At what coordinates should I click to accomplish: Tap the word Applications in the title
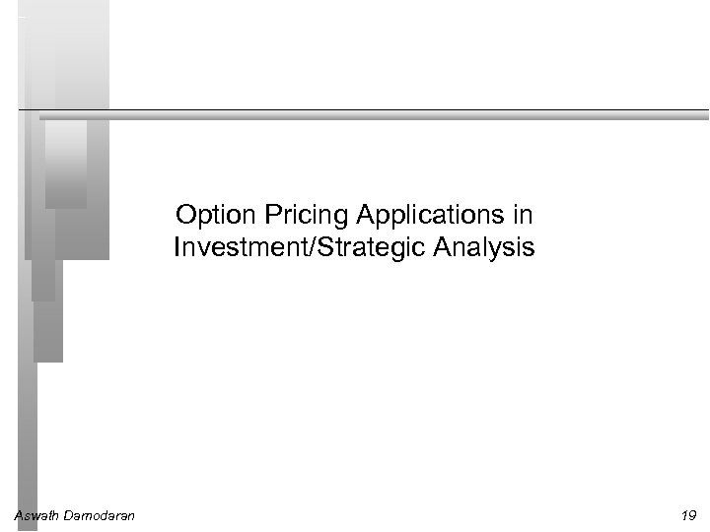coord(415,215)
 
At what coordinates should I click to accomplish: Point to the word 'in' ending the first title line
coord(523,215)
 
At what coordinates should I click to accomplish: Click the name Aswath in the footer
coord(36,515)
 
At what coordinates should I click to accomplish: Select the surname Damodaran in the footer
coord(100,515)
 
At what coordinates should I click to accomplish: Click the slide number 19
coord(688,515)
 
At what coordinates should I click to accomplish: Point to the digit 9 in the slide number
coord(692,515)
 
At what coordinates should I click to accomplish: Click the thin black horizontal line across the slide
coord(394,108)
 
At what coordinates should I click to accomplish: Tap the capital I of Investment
coord(177,247)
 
